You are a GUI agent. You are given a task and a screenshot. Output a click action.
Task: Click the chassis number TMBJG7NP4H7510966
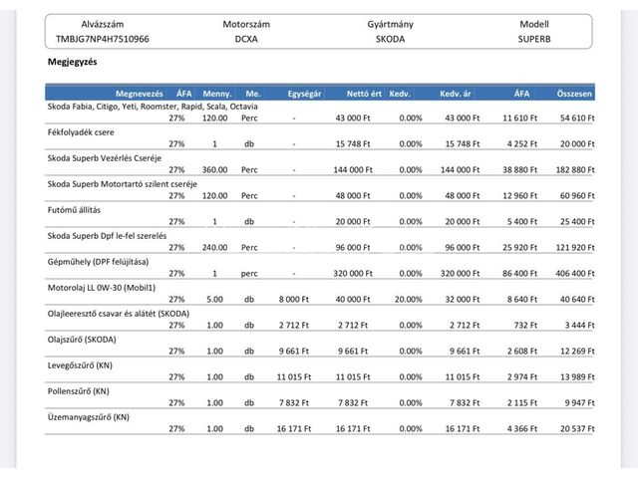103,39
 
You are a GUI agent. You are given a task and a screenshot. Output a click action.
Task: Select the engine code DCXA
246,39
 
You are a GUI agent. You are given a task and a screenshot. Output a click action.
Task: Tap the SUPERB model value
534,39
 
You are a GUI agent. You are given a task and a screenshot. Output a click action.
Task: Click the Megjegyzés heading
73,62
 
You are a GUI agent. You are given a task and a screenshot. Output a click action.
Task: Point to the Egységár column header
304,94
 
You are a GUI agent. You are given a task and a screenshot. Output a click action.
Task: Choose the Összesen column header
574,94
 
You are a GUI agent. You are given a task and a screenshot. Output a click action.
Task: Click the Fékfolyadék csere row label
81,132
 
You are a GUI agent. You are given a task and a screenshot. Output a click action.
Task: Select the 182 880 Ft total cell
575,170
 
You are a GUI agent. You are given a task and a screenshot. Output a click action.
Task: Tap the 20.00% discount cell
408,300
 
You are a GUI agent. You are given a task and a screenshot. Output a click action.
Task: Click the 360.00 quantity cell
215,170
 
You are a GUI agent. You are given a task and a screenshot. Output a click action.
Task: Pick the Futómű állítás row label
74,210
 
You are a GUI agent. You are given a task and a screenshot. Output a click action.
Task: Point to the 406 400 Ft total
575,274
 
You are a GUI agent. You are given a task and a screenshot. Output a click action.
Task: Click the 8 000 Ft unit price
294,300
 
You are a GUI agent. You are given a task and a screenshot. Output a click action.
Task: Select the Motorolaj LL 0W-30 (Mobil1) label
102,288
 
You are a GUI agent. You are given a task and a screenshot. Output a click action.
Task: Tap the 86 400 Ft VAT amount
520,274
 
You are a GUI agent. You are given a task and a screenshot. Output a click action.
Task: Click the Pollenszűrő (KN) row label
78,391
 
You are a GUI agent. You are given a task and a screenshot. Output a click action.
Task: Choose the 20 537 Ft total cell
577,429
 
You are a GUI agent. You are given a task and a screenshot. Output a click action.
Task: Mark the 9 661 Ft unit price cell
294,352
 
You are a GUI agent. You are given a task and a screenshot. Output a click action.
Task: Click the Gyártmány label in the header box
390,24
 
